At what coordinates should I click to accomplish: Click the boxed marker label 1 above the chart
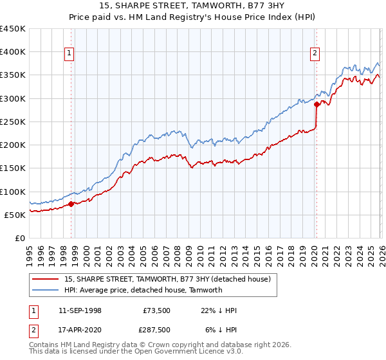pyautogui.click(x=69, y=54)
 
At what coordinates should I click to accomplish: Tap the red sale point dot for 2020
pyautogui.click(x=317, y=104)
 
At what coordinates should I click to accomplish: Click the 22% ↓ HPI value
pyautogui.click(x=219, y=310)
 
